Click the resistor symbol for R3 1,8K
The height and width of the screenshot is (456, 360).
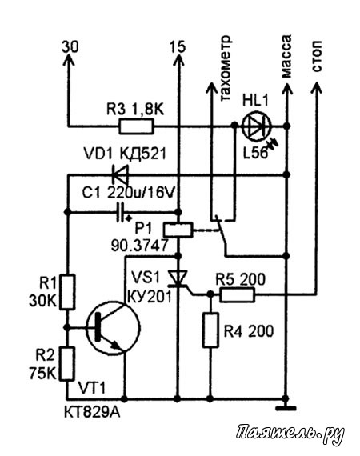[x=136, y=126]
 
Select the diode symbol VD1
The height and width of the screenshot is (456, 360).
[x=120, y=174]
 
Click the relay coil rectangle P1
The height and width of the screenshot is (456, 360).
[x=178, y=230]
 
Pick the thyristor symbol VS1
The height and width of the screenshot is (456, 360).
[x=178, y=278]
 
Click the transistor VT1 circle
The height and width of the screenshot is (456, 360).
[x=113, y=328]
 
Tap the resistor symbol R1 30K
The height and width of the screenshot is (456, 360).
[x=67, y=292]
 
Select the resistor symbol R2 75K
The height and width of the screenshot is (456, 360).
[x=67, y=363]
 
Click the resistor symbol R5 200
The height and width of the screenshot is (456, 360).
[x=238, y=294]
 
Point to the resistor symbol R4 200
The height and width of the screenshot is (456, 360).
[x=210, y=330]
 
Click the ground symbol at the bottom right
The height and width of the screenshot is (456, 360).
[x=286, y=408]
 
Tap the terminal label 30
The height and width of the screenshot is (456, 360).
[x=70, y=46]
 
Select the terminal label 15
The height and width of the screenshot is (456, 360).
[x=178, y=46]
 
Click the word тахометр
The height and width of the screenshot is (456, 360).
[x=226, y=68]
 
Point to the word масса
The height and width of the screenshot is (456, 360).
[x=286, y=57]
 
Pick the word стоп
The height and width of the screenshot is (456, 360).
[x=317, y=56]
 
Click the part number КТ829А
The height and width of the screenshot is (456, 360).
[x=92, y=413]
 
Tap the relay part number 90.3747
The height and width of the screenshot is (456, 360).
[x=139, y=246]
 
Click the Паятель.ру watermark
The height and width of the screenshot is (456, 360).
[x=290, y=434]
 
